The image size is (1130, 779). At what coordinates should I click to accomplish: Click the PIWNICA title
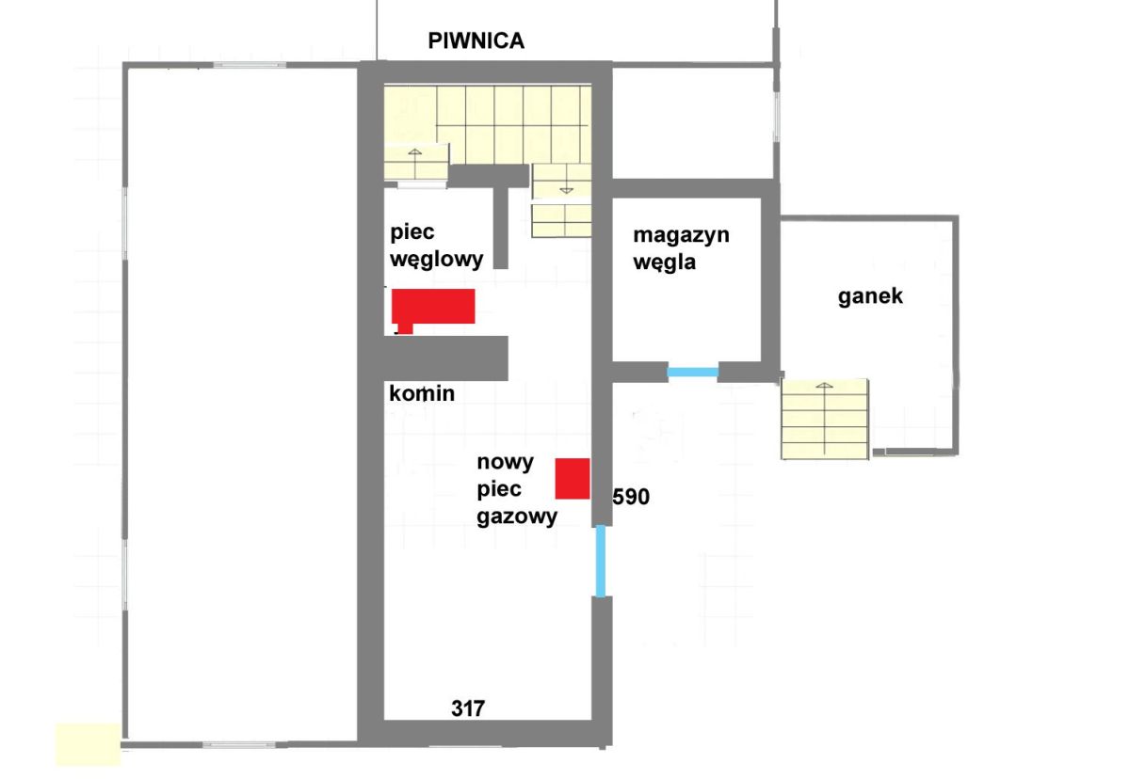pos(476,40)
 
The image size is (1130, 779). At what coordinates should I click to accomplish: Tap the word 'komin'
pos(422,393)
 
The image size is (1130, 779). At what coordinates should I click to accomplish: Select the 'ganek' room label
pos(870,296)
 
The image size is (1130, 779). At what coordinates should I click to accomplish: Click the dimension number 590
pos(631,497)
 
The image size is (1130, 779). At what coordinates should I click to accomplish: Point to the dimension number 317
pos(468,709)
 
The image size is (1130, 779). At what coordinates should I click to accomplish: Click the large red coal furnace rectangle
pos(433,307)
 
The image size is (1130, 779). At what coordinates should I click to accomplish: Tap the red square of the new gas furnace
pos(573,479)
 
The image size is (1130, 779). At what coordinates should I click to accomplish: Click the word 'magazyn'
pos(681,235)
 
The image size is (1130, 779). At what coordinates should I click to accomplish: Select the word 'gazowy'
pos(517,517)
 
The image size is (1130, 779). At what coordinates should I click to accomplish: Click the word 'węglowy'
pos(437,260)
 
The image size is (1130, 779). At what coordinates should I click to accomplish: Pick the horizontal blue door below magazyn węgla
pos(693,373)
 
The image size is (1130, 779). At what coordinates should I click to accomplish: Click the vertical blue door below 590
pos(601,562)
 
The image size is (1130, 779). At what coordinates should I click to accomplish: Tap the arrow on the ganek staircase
pos(824,420)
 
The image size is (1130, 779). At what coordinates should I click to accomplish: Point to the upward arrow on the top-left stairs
pos(414,163)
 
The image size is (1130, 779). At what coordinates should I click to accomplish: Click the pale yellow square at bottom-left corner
pos(88,744)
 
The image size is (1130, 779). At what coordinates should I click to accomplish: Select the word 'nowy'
pos(505,463)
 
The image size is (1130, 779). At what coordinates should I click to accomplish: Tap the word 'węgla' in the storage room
pos(665,263)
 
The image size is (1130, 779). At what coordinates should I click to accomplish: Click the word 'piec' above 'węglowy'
pos(412,232)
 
